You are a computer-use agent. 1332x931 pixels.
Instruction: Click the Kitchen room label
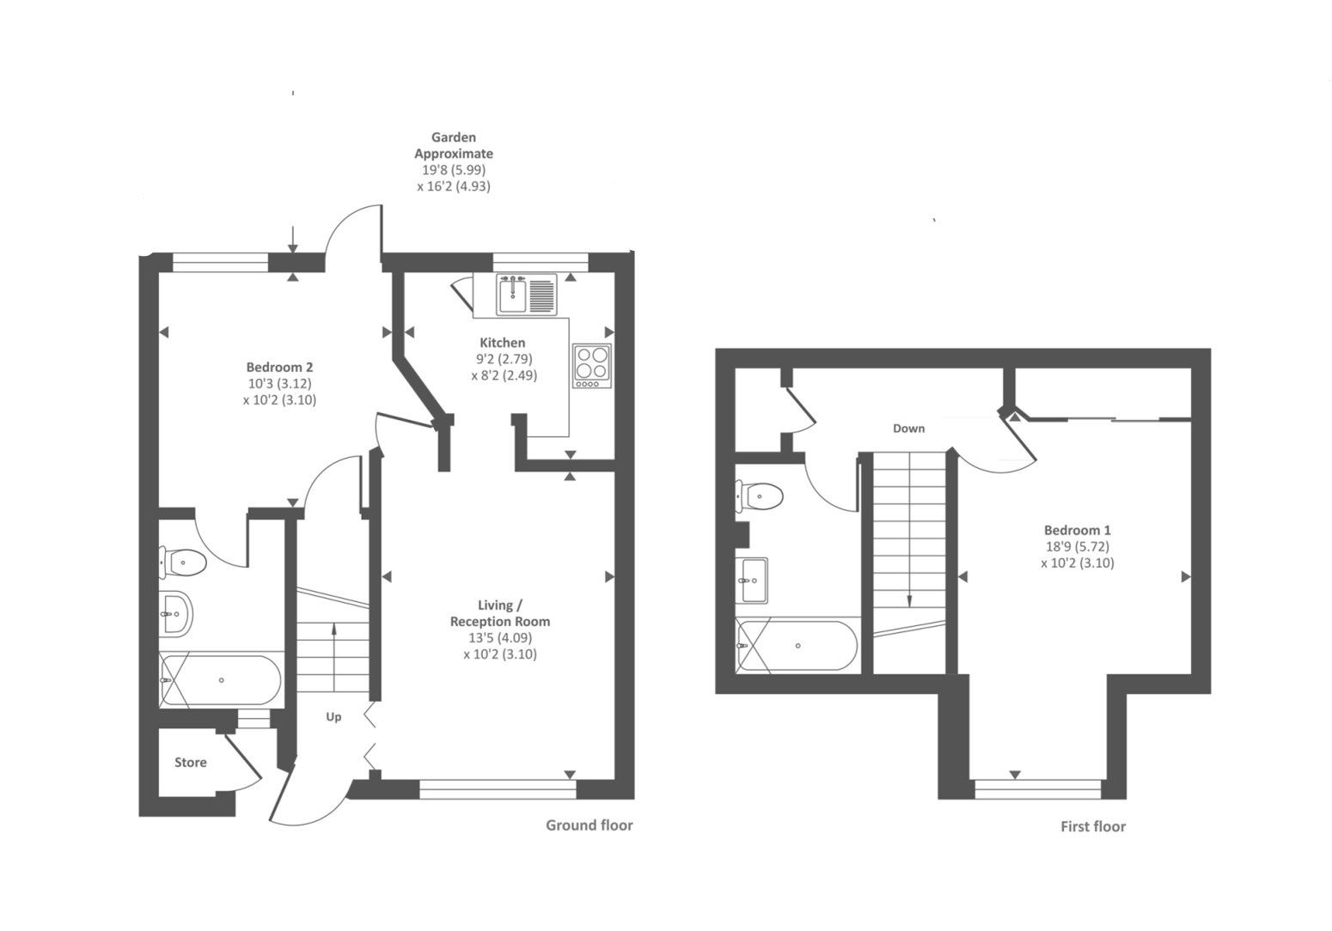(x=503, y=343)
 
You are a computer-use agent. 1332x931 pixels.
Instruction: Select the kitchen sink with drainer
(x=526, y=294)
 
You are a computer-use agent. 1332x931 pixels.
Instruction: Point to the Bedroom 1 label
(x=1078, y=531)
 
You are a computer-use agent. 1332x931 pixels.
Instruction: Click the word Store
(x=191, y=763)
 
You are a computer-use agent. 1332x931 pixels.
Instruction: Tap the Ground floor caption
(x=590, y=825)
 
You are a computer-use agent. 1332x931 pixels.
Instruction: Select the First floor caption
(x=1093, y=827)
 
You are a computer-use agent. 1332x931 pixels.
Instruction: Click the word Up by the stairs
(x=333, y=716)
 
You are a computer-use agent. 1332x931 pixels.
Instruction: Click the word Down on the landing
(x=908, y=428)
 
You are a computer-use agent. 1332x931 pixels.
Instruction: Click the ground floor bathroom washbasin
(x=176, y=614)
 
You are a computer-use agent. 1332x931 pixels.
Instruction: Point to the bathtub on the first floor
(x=797, y=646)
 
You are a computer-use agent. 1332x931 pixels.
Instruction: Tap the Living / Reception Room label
(x=500, y=613)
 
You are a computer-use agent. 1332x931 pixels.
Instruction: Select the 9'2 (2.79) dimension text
(x=503, y=359)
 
